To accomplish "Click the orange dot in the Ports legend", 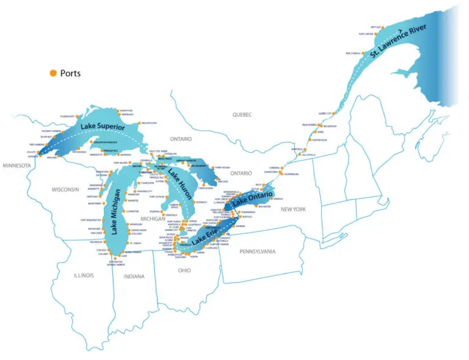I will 53,73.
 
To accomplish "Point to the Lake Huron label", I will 181,183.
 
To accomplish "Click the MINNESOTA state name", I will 18,165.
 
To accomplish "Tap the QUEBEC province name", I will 242,114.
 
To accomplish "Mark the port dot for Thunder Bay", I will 76,116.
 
